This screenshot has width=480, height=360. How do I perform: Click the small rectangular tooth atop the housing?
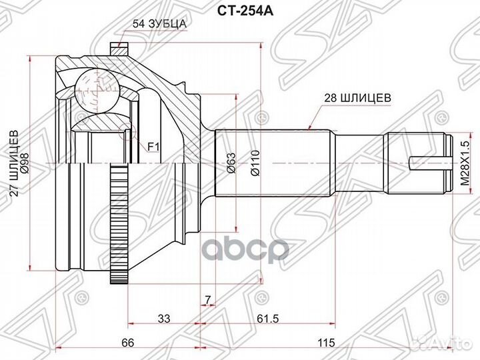[119, 49]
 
